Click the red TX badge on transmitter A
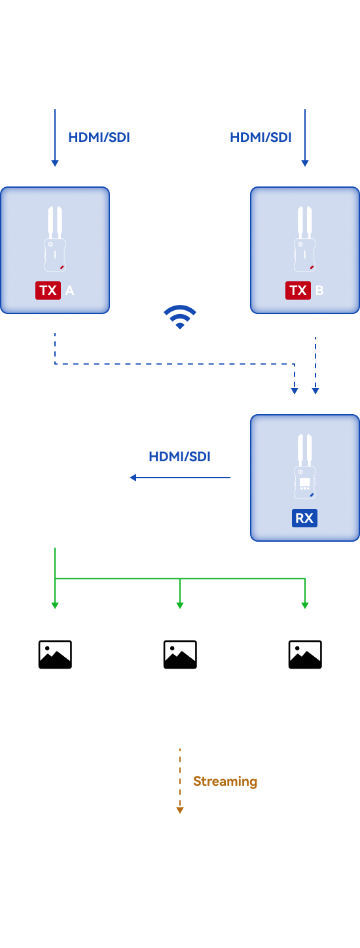pos(48,290)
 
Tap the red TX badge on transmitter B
pos(298,290)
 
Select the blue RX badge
pos(304,518)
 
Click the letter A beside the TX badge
pos(70,290)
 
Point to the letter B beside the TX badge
pos(319,290)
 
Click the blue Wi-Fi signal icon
pos(180,317)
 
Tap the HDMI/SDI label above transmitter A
pos(99,137)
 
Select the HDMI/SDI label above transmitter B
pos(261,137)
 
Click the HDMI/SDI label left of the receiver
pos(179,457)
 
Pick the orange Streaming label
pos(225,781)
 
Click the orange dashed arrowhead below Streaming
pos(180,810)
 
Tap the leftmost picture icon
pos(55,654)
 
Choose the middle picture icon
pos(180,654)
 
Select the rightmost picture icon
pos(305,654)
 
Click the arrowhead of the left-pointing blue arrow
pos(133,478)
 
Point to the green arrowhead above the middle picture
pos(180,606)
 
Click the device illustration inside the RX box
pos(304,466)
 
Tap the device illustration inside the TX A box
pos(55,239)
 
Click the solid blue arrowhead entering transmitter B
pos(305,164)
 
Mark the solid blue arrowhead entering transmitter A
pos(54,164)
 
